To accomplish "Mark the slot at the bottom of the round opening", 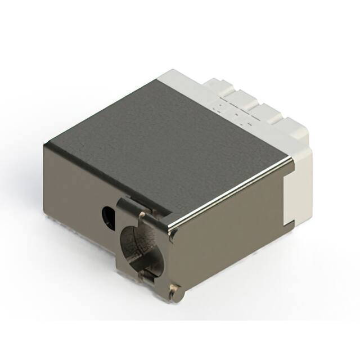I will click(x=148, y=274).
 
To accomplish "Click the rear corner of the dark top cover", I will click(x=161, y=79).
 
